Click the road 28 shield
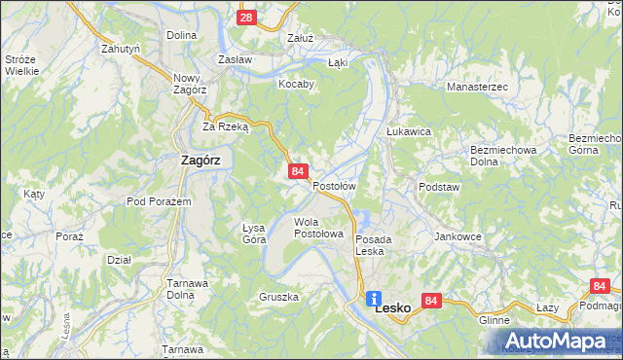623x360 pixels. [246, 18]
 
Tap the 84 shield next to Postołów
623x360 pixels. [299, 171]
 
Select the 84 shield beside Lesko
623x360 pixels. [433, 302]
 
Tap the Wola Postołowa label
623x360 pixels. [319, 228]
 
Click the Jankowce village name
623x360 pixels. [459, 236]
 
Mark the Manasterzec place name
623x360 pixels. [477, 87]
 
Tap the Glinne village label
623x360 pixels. [495, 319]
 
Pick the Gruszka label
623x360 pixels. [278, 296]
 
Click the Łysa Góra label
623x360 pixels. [254, 233]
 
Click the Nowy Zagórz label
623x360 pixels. [186, 83]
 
